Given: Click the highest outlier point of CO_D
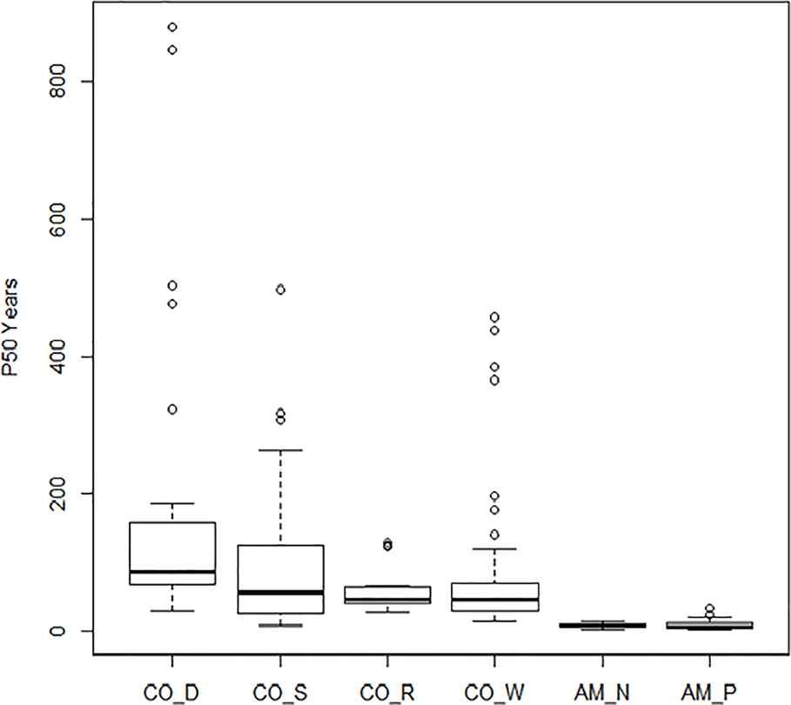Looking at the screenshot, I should [x=172, y=28].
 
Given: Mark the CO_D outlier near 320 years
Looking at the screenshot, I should [x=172, y=409].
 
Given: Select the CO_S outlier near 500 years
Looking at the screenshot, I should [x=280, y=289].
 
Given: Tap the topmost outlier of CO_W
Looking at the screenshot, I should [x=494, y=317].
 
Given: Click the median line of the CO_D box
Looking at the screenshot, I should [x=172, y=572].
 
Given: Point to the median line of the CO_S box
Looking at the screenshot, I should [x=280, y=593].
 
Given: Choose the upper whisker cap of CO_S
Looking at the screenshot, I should [x=280, y=450].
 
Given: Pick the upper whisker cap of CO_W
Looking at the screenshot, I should [x=494, y=549].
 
